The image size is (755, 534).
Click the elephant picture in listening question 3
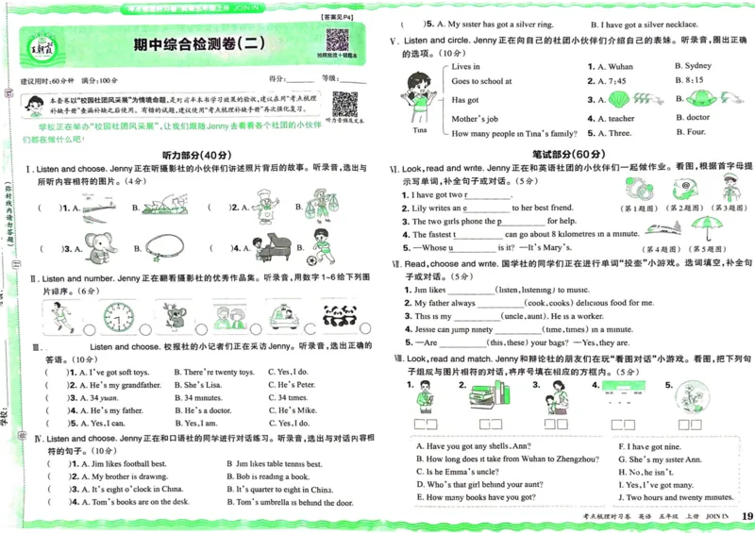pyautogui.click(x=97, y=247)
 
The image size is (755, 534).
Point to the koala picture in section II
pyautogui.click(x=173, y=317)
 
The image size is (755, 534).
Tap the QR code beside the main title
pyautogui.click(x=337, y=41)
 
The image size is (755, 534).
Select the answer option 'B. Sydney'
pyautogui.click(x=693, y=66)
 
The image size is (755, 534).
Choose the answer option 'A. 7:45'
pyautogui.click(x=606, y=82)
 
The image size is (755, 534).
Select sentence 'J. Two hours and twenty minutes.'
pyautogui.click(x=675, y=497)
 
